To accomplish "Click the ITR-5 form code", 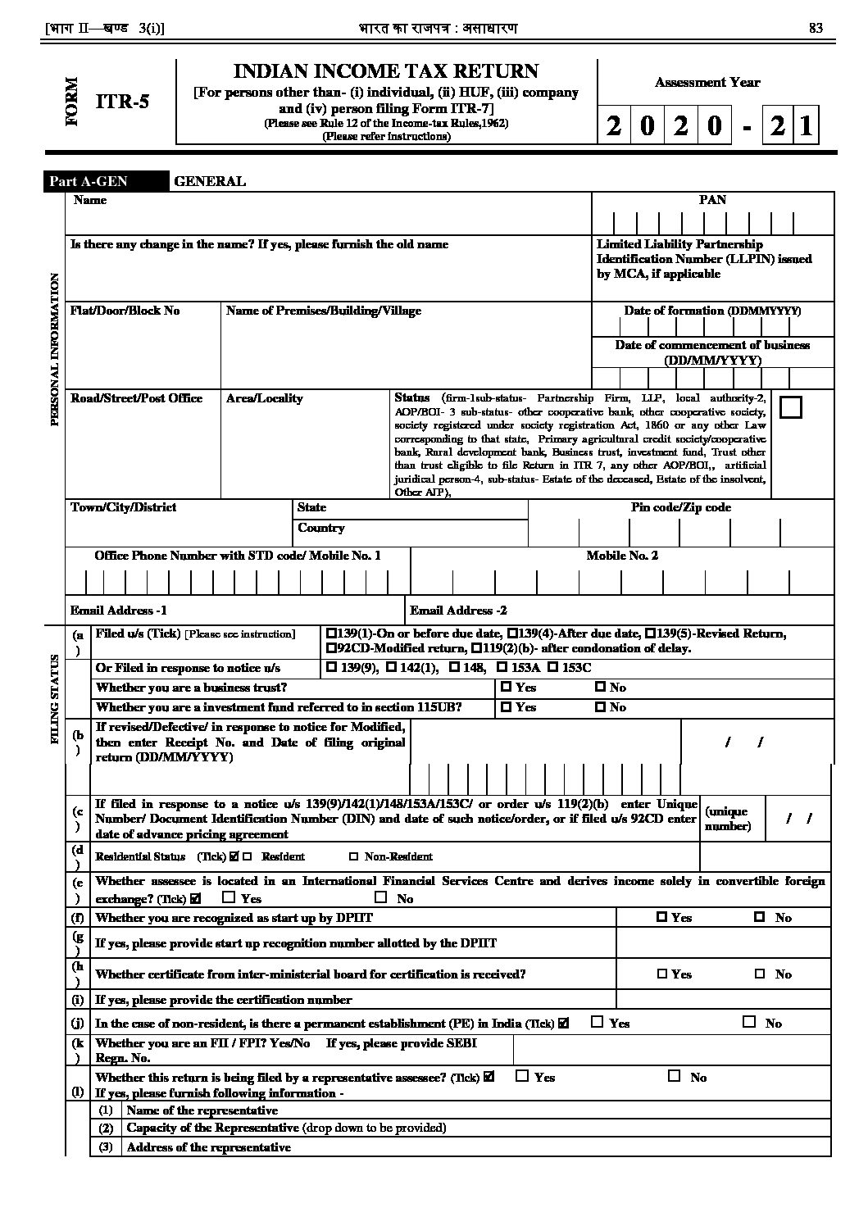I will pos(123,102).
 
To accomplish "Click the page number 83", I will pos(816,29).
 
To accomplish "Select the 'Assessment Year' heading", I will pos(707,82).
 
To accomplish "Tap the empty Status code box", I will pos(790,407).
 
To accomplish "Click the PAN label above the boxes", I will pos(712,200).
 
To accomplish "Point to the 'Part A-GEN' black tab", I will pos(89,182).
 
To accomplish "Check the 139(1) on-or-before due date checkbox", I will pos(330,633).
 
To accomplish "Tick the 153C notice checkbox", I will pos(552,668).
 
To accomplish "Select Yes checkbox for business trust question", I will pos(506,688).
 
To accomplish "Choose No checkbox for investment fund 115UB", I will pos(600,707).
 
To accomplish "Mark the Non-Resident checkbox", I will pos(353,857).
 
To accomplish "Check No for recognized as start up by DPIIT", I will pos(759,918).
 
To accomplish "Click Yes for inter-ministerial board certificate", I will pos(662,974).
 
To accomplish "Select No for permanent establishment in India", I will pos(748,1022).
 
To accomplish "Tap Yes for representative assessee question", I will pos(522,1077).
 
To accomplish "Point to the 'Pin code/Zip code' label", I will pos(680,508).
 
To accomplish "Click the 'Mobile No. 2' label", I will pos(622,556).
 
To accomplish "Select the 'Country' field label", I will pos(320,529).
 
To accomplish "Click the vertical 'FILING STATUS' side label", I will pos(55,698).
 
